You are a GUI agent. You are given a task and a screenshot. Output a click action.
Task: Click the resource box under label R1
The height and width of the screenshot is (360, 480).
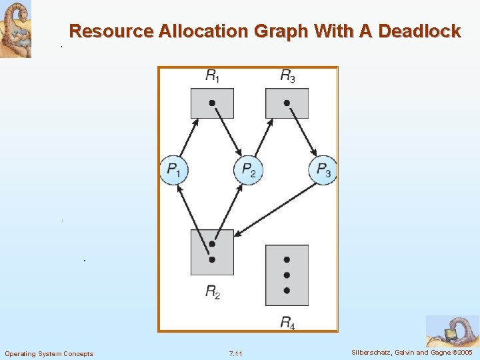212,103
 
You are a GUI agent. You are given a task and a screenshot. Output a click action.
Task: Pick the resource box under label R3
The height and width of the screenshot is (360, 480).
287,103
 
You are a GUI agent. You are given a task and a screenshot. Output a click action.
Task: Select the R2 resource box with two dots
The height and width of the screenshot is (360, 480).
212,252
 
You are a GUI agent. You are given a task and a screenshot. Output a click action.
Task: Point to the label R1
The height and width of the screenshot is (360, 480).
213,77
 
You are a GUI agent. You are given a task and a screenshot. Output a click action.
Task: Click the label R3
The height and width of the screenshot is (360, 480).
287,77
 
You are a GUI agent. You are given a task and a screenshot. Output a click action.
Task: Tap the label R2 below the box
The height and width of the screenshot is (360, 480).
213,291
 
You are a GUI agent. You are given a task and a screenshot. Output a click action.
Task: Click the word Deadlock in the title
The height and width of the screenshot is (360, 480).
419,31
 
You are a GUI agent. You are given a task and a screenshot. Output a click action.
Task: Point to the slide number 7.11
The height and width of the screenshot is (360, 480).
235,353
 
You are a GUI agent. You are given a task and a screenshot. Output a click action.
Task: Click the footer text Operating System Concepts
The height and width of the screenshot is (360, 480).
49,353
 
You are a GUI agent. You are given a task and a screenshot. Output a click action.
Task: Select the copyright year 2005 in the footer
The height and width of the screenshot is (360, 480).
463,352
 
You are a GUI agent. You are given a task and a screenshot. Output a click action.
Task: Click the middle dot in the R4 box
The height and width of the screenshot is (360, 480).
287,275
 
